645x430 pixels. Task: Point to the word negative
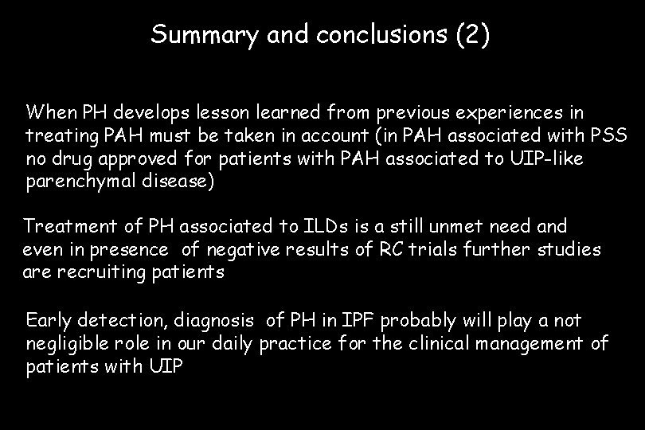pos(244,250)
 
